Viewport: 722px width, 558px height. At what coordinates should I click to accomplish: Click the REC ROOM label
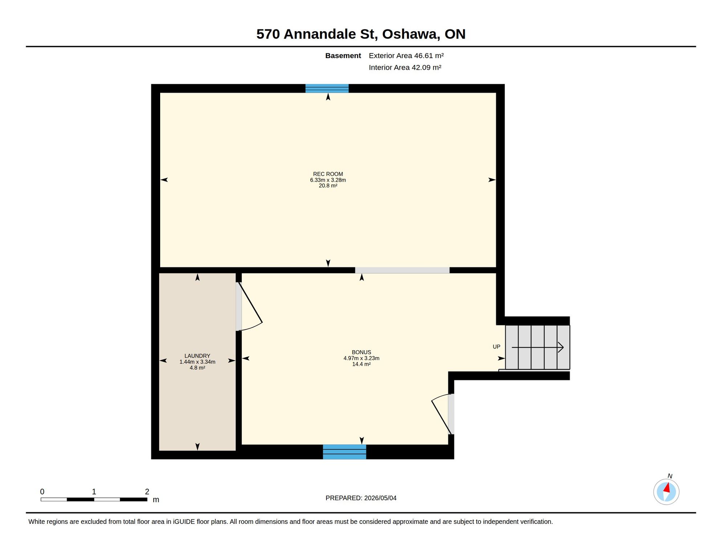328,174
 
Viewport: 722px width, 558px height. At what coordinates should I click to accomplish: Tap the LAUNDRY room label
197,356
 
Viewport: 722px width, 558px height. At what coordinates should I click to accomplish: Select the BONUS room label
361,352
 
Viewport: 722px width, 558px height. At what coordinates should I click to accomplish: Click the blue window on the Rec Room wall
327,88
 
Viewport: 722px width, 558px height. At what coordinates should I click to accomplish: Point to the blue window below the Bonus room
344,452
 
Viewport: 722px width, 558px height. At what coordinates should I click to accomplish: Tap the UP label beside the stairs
496,347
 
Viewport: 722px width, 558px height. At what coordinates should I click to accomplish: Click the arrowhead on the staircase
561,347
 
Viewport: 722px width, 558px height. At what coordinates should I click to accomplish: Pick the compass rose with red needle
666,492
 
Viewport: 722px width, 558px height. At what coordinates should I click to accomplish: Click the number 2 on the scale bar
147,492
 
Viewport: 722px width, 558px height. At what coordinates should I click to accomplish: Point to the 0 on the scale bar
42,492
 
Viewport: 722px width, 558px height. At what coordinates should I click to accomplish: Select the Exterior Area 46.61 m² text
406,56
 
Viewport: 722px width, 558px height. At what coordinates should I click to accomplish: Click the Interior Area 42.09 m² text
405,68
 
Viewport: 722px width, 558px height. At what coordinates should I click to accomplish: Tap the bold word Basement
343,56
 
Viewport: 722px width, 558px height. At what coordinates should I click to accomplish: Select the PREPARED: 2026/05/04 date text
361,498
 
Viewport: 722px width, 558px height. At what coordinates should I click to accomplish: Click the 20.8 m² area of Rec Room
328,186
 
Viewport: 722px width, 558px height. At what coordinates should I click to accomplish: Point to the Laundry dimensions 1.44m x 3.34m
197,362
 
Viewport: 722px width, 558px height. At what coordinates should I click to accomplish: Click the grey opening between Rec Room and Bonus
402,270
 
